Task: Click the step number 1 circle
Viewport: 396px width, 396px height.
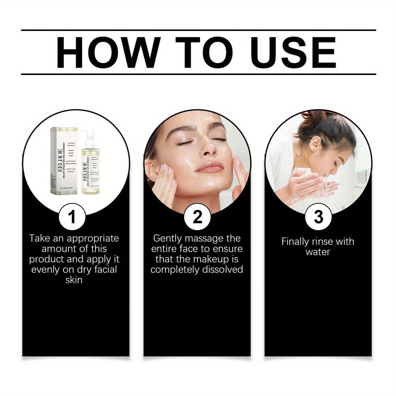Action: click(72, 217)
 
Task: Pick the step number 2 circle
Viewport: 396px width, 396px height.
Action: click(197, 217)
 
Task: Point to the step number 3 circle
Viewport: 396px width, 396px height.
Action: click(318, 217)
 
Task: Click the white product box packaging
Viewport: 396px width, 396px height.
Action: click(64, 160)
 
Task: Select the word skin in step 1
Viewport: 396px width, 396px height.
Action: click(74, 280)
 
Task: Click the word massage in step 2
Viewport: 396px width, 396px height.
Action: click(196, 239)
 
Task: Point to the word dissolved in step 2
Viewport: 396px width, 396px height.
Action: click(222, 270)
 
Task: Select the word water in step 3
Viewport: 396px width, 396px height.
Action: click(318, 252)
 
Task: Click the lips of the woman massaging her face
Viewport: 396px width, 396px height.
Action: click(210, 167)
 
